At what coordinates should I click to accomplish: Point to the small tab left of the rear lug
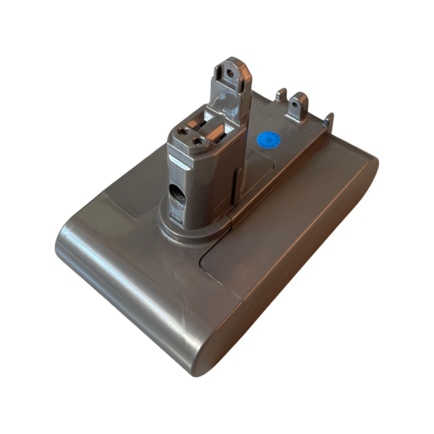click(279, 96)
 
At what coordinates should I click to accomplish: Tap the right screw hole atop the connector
click(197, 141)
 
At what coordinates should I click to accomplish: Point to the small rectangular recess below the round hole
click(175, 216)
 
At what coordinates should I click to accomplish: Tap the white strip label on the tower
click(177, 163)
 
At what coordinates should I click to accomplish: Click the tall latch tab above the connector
click(230, 85)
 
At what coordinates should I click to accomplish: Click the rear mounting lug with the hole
click(296, 108)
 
